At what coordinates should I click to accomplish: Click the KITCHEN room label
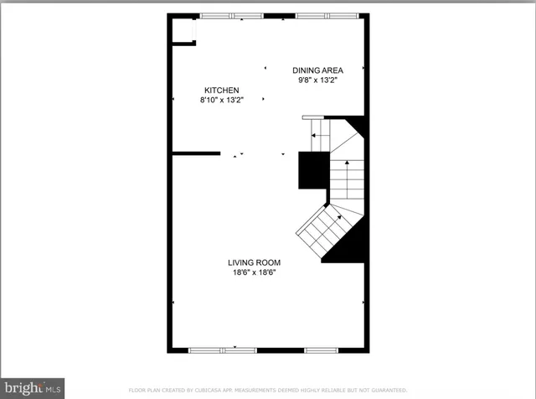click(x=222, y=90)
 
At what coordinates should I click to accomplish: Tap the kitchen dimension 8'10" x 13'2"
click(x=222, y=100)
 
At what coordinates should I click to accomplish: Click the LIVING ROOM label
click(x=254, y=262)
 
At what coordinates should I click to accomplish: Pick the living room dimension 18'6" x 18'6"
click(x=254, y=272)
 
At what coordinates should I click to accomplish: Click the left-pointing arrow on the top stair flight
click(x=316, y=134)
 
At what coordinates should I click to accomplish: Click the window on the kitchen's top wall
click(x=232, y=15)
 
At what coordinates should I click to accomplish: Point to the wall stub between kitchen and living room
click(x=195, y=153)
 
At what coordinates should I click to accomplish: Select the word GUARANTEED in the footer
click(x=389, y=391)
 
